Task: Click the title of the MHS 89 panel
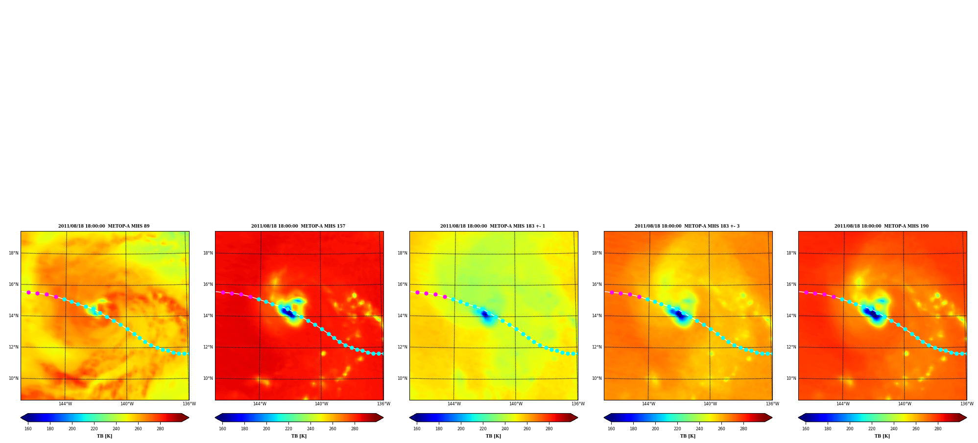coord(104,226)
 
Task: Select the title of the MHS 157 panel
coord(298,226)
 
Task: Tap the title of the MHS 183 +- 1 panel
coord(493,226)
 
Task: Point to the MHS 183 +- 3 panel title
coord(687,226)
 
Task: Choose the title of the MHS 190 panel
coord(882,226)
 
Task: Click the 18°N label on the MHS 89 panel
coord(14,253)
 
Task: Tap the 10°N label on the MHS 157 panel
coord(208,378)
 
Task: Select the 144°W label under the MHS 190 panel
coord(843,404)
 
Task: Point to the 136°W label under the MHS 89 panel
coord(189,404)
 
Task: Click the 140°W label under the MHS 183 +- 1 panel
coord(516,404)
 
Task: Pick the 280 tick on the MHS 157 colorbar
coord(355,429)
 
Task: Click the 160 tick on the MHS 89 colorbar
coord(28,429)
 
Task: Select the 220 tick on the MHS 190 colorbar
coord(872,429)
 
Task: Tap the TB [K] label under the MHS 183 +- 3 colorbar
coord(688,436)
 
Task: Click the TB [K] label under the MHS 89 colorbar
coord(104,436)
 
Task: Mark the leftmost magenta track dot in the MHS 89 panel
coord(28,292)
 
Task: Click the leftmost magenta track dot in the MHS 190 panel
coord(806,292)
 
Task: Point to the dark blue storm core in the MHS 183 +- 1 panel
coord(485,314)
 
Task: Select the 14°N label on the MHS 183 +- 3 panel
coord(597,316)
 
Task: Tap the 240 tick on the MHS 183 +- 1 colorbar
coord(505,429)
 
